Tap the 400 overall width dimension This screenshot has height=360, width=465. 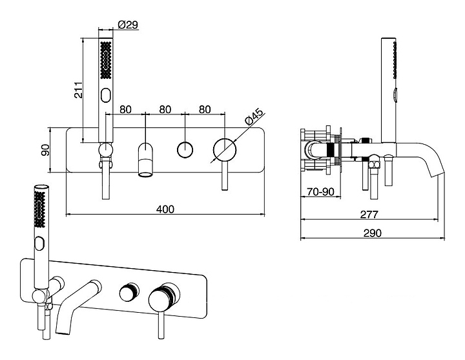(165, 209)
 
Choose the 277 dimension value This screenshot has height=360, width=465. (368, 214)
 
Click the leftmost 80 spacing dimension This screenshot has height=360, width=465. (126, 109)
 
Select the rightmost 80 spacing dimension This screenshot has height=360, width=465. (205, 109)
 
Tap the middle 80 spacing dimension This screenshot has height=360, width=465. (165, 109)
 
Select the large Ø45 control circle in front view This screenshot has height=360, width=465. (224, 149)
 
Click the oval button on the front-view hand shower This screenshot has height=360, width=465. (107, 96)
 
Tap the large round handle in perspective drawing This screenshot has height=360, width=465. (161, 300)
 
